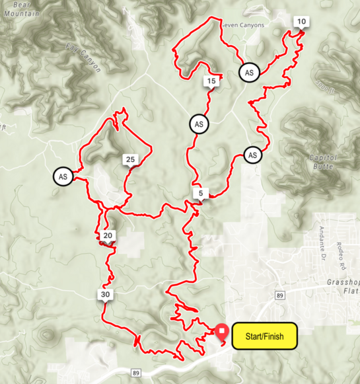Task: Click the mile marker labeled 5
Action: click(200, 193)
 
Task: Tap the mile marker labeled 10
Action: click(301, 22)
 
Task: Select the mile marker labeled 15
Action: click(211, 81)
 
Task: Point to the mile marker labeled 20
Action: click(108, 236)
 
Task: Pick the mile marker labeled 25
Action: click(130, 159)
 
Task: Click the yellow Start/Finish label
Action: click(264, 336)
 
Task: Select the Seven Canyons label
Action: click(242, 25)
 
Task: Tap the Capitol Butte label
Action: click(323, 161)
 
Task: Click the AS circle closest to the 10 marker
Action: click(249, 72)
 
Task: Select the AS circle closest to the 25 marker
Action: click(63, 176)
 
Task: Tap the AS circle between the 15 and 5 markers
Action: click(198, 124)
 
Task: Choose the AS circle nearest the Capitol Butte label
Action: click(252, 155)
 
